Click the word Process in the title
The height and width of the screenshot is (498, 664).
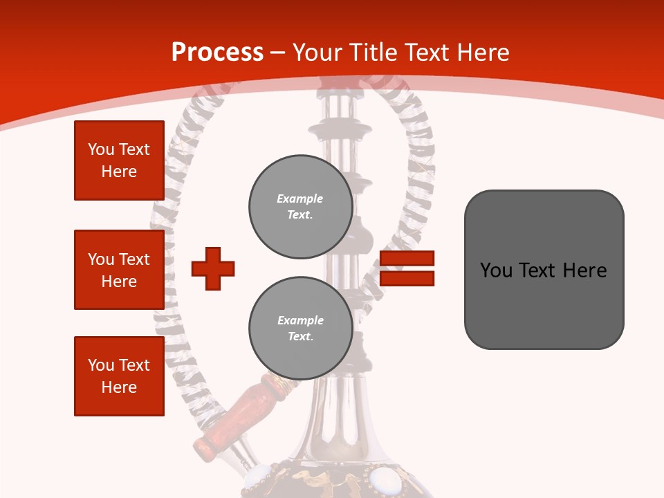(217, 53)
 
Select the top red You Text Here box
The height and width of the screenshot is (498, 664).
(119, 160)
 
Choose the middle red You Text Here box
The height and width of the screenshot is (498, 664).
(119, 270)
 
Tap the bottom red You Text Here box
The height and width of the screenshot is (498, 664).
(119, 376)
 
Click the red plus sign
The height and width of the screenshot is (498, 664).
(213, 268)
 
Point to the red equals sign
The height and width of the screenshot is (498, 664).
(407, 268)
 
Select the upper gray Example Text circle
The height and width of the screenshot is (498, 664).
(301, 207)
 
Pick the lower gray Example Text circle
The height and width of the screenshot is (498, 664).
(301, 329)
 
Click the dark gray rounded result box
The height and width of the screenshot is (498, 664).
(544, 270)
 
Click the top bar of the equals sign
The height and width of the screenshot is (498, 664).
(407, 259)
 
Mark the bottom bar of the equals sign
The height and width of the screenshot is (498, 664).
(407, 279)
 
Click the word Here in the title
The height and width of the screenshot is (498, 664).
(481, 53)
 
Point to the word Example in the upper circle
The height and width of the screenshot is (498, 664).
(299, 199)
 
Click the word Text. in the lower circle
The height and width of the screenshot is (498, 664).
(300, 337)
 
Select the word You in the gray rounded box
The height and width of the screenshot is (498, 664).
(496, 270)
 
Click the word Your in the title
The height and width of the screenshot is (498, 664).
(317, 53)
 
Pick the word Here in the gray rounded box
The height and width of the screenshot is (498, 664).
(585, 270)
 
